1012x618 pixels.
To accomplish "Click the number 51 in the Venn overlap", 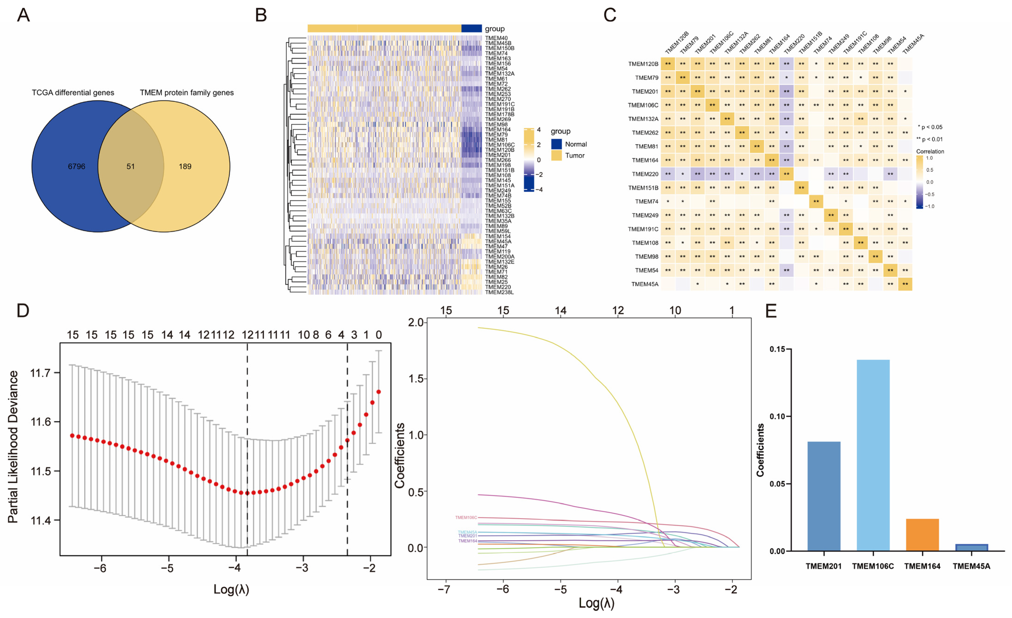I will pos(131,166).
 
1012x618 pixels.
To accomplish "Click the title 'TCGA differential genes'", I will pos(73,93).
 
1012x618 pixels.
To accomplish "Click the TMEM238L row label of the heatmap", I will pos(499,292).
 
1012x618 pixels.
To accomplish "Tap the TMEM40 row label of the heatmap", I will pos(496,38).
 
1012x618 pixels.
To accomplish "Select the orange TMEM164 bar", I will pos(922,535).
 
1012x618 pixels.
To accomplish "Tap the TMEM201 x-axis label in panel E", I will pos(823,566).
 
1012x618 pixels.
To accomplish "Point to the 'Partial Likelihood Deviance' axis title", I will pos(13,447).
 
